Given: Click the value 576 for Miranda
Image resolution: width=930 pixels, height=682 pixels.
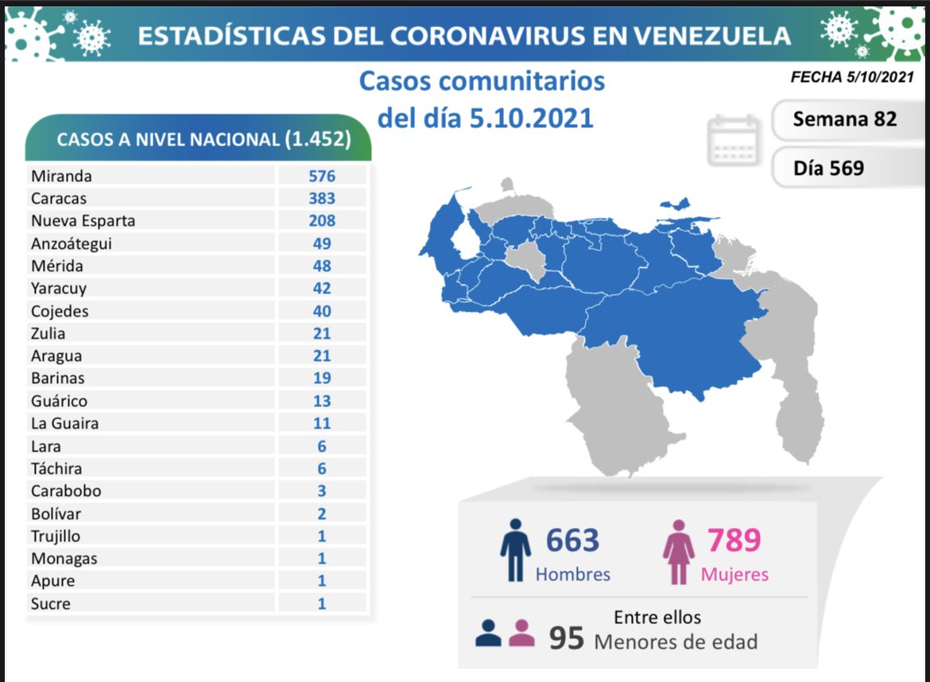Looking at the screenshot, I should pyautogui.click(x=322, y=176).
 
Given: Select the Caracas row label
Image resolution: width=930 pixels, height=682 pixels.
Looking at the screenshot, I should pyautogui.click(x=59, y=198).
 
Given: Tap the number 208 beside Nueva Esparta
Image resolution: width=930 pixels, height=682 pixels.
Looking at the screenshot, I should pyautogui.click(x=322, y=220).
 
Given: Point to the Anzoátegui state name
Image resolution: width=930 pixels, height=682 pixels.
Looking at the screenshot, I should pyautogui.click(x=72, y=243).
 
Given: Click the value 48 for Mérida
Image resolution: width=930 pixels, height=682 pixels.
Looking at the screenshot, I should pyautogui.click(x=322, y=265).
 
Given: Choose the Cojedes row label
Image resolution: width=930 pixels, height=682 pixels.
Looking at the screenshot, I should pyautogui.click(x=60, y=311).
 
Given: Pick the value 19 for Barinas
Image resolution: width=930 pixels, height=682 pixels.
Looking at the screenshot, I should pyautogui.click(x=322, y=378).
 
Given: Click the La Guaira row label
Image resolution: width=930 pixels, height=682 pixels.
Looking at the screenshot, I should pyautogui.click(x=65, y=424).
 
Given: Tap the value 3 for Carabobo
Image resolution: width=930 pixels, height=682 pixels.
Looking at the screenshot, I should pyautogui.click(x=322, y=491).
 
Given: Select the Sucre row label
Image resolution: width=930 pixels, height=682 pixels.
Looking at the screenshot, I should pyautogui.click(x=51, y=604).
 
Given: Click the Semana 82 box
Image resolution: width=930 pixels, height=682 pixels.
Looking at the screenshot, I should pyautogui.click(x=844, y=119).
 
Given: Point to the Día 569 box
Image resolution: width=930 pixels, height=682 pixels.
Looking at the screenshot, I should pyautogui.click(x=828, y=168).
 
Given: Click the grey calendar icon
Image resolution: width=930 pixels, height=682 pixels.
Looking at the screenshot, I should pyautogui.click(x=734, y=140).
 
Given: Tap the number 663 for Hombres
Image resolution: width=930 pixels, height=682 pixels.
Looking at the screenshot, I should pyautogui.click(x=572, y=541).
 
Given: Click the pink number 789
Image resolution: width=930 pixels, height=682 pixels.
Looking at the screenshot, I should pyautogui.click(x=734, y=541).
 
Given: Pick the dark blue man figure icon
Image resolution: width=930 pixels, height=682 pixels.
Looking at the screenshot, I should pyautogui.click(x=515, y=550).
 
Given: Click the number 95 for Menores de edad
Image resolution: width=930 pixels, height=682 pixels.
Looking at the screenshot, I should pyautogui.click(x=567, y=637).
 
